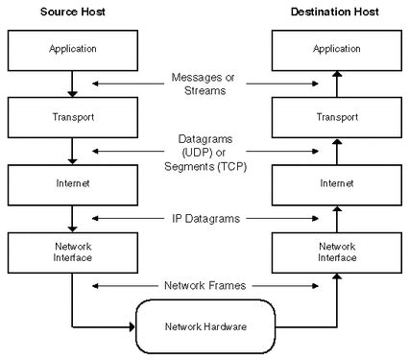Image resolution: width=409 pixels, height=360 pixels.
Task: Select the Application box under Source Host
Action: coord(73,45)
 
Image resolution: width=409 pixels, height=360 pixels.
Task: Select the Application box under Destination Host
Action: coord(335,45)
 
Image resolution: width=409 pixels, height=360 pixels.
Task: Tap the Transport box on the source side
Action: coord(73,116)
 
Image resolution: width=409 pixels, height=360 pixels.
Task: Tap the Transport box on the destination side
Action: coord(335,116)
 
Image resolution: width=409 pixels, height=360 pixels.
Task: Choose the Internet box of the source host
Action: coord(73,182)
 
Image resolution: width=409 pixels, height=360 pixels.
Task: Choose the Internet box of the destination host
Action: coord(335,182)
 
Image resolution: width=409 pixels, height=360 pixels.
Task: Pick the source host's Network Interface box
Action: coord(73,252)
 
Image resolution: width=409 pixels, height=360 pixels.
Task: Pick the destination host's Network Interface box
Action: coord(335,252)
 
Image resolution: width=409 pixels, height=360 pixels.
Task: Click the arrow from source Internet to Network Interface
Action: coord(73,217)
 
